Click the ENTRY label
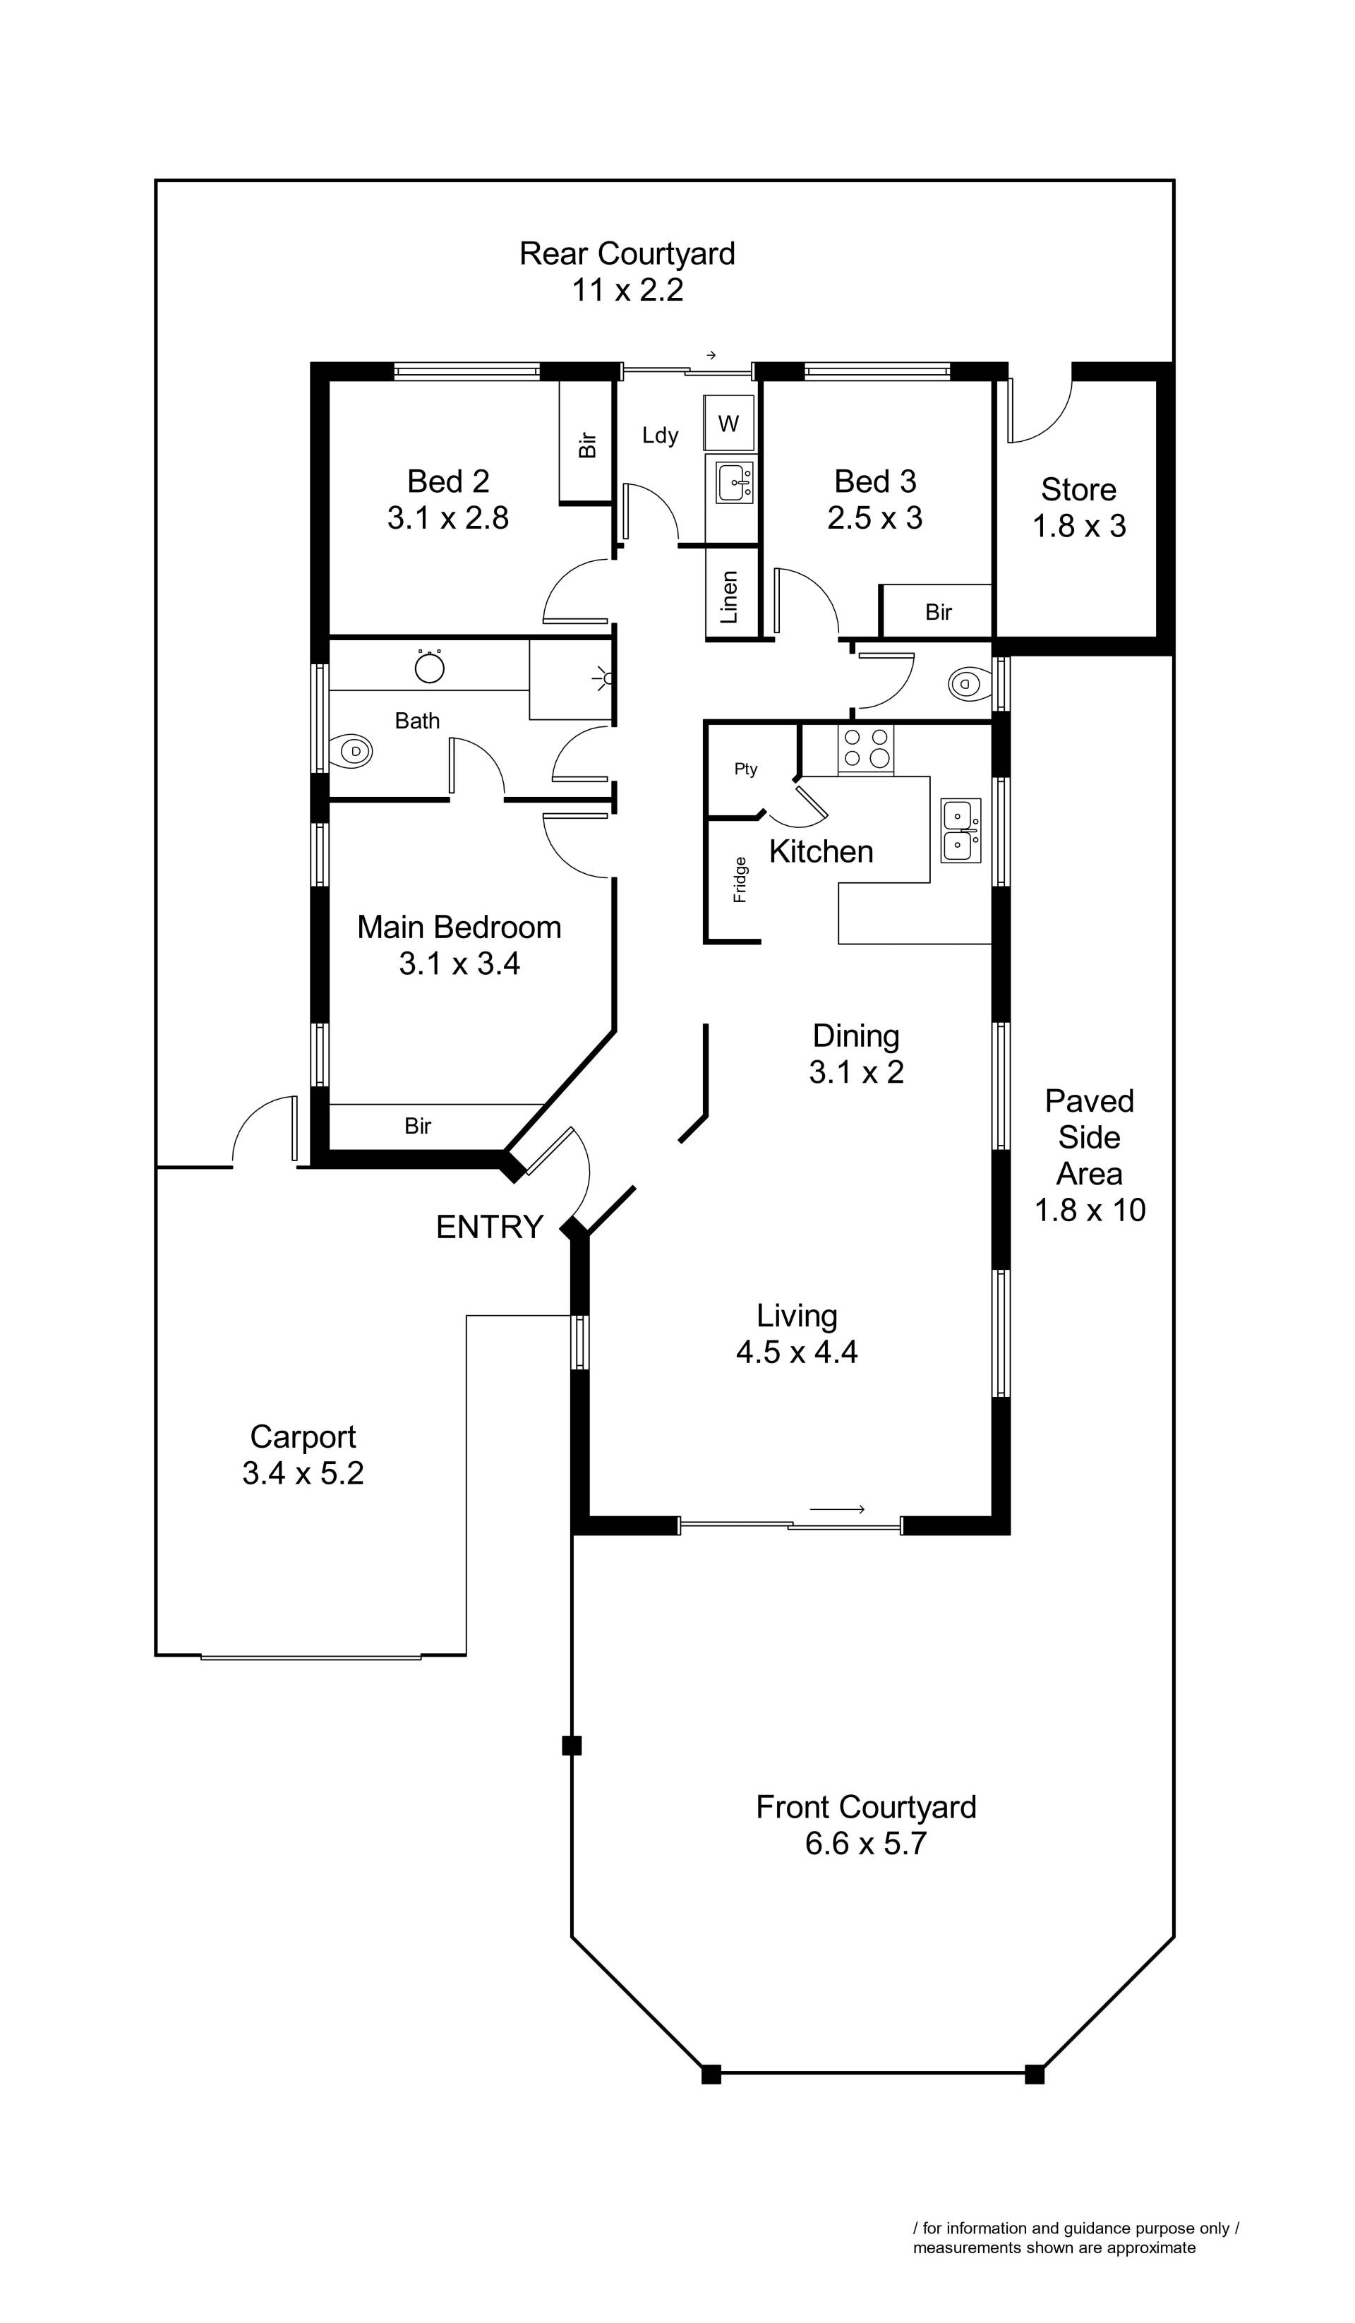(490, 1227)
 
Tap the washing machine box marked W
(729, 423)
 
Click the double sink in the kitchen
(960, 831)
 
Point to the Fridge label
(740, 880)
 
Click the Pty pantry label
(746, 769)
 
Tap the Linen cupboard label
(729, 596)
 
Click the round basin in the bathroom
(430, 666)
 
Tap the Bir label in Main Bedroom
(418, 1126)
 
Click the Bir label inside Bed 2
(587, 446)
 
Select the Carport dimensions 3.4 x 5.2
(303, 1472)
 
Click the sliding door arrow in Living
(837, 1509)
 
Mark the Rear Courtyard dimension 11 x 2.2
(627, 289)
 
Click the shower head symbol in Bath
(605, 679)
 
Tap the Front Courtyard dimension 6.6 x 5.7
(865, 1843)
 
